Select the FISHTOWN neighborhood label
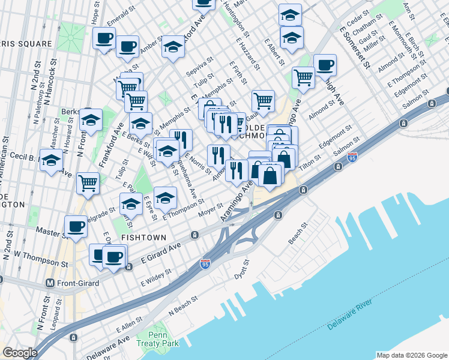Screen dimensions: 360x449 [143, 238]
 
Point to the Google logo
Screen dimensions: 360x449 [20, 353]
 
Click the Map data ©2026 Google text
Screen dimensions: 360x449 [412, 355]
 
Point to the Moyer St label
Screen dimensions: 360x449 [211, 212]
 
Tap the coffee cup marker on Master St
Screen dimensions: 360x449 [76, 227]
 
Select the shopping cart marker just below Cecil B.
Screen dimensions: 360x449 [88, 182]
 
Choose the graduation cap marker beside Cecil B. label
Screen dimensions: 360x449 [52, 160]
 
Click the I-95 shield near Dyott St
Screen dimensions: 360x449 [205, 264]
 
